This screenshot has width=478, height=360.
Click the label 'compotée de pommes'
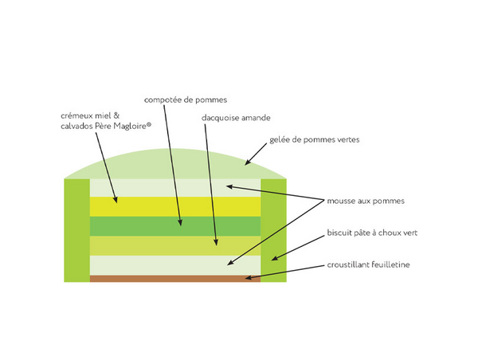pyautogui.click(x=186, y=100)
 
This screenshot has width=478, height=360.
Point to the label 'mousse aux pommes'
pyautogui.click(x=366, y=201)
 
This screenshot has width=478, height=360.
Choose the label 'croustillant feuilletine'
pyautogui.click(x=367, y=264)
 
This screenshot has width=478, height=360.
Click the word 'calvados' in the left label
pyautogui.click(x=77, y=125)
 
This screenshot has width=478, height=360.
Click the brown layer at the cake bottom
pyautogui.click(x=175, y=279)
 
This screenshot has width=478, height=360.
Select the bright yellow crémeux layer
pyautogui.click(x=175, y=206)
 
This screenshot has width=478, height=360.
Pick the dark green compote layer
pyautogui.click(x=175, y=226)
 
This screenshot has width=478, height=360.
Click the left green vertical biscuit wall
pyautogui.click(x=76, y=230)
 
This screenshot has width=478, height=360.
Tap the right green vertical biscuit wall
pyautogui.click(x=274, y=230)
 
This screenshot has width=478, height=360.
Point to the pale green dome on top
pyautogui.click(x=175, y=166)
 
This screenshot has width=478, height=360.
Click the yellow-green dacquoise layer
pyautogui.click(x=175, y=245)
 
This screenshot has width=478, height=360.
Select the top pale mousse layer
pyautogui.click(x=175, y=187)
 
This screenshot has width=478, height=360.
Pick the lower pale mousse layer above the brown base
pyautogui.click(x=175, y=265)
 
